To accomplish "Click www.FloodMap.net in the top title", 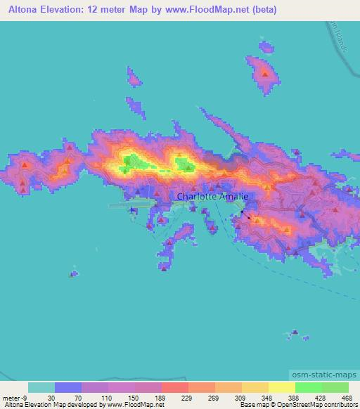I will (x=203, y=10).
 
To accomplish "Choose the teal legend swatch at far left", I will (x=41, y=387).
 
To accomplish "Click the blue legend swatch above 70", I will (x=68, y=387).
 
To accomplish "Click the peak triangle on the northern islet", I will (x=265, y=72).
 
